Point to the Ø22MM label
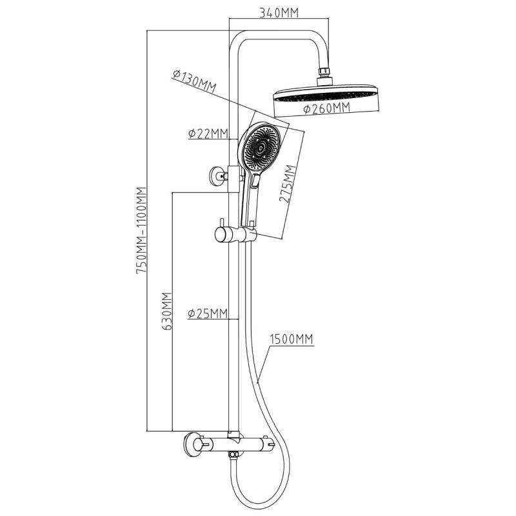pos(208,134)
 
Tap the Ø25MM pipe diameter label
pos(208,314)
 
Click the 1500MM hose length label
pos(292,339)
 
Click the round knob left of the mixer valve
pos(193,445)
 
